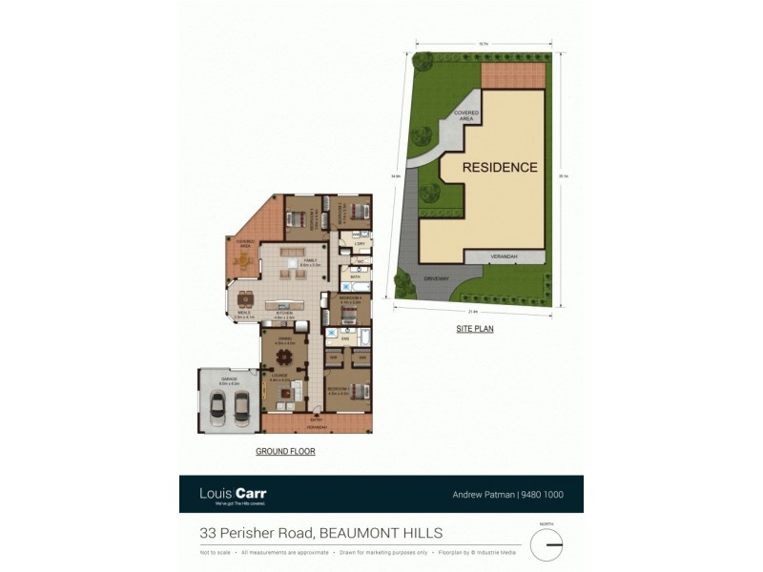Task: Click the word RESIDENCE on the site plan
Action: (x=500, y=167)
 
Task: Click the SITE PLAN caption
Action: (x=474, y=329)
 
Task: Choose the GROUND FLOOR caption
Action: (x=285, y=451)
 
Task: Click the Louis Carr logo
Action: (x=233, y=494)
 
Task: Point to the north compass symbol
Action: (x=546, y=543)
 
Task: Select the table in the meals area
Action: (x=246, y=297)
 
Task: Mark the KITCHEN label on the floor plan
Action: (x=283, y=313)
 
